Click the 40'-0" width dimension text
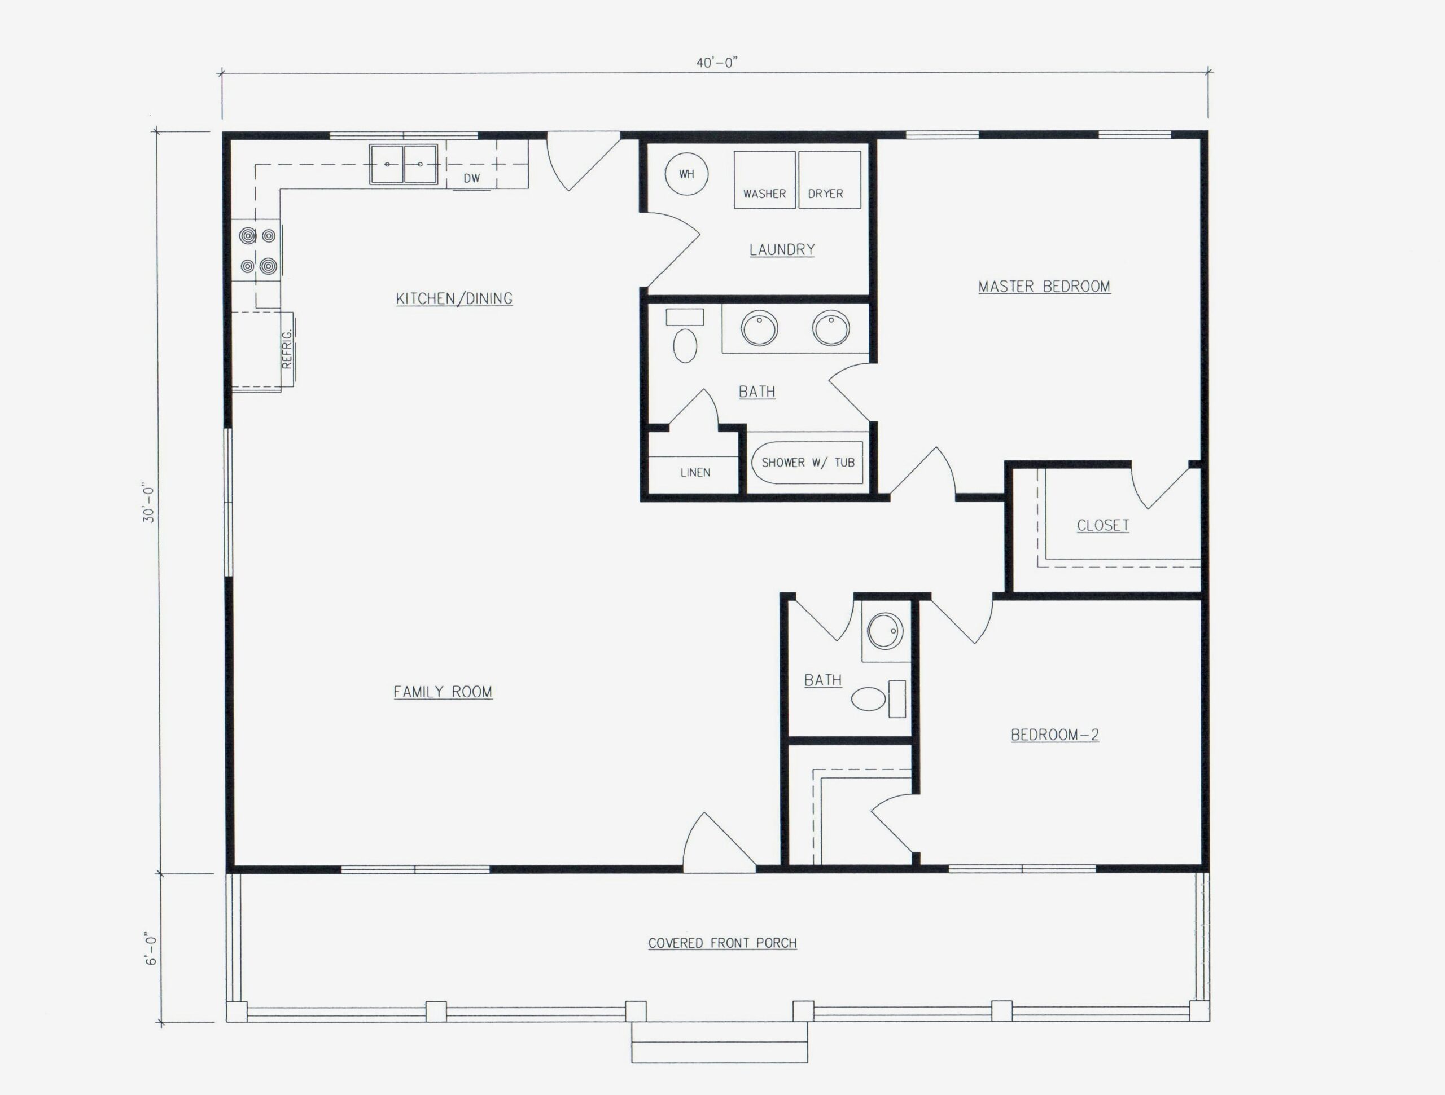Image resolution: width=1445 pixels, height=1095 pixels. [717, 63]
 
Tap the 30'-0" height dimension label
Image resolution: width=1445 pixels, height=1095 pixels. [150, 503]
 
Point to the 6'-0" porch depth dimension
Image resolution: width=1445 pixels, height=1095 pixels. [151, 950]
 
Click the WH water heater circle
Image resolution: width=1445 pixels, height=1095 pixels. [686, 174]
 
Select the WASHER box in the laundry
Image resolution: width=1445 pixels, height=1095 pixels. [764, 179]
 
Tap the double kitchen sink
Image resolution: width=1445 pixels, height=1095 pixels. [403, 164]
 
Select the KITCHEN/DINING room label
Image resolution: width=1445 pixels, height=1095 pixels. [454, 298]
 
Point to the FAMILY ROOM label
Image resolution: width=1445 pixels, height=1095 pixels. [443, 692]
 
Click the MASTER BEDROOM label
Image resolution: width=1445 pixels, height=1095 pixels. [1044, 286]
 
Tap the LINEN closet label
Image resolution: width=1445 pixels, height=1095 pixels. [694, 472]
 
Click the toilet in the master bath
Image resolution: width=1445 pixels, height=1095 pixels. [685, 344]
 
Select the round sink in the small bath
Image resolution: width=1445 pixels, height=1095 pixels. [885, 630]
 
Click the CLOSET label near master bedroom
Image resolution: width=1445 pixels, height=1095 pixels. [1103, 525]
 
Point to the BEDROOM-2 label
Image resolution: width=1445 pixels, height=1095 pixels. [1054, 735]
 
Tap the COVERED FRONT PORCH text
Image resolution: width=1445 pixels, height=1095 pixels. [722, 943]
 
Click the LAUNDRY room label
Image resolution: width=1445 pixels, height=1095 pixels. [781, 249]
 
